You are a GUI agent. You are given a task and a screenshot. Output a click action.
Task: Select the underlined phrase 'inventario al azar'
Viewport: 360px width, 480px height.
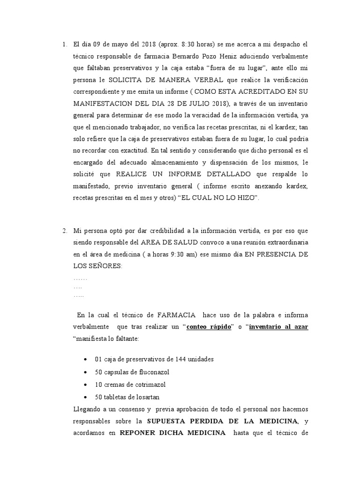(278, 327)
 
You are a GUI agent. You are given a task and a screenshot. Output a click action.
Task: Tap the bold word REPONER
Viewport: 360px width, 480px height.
(138, 434)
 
